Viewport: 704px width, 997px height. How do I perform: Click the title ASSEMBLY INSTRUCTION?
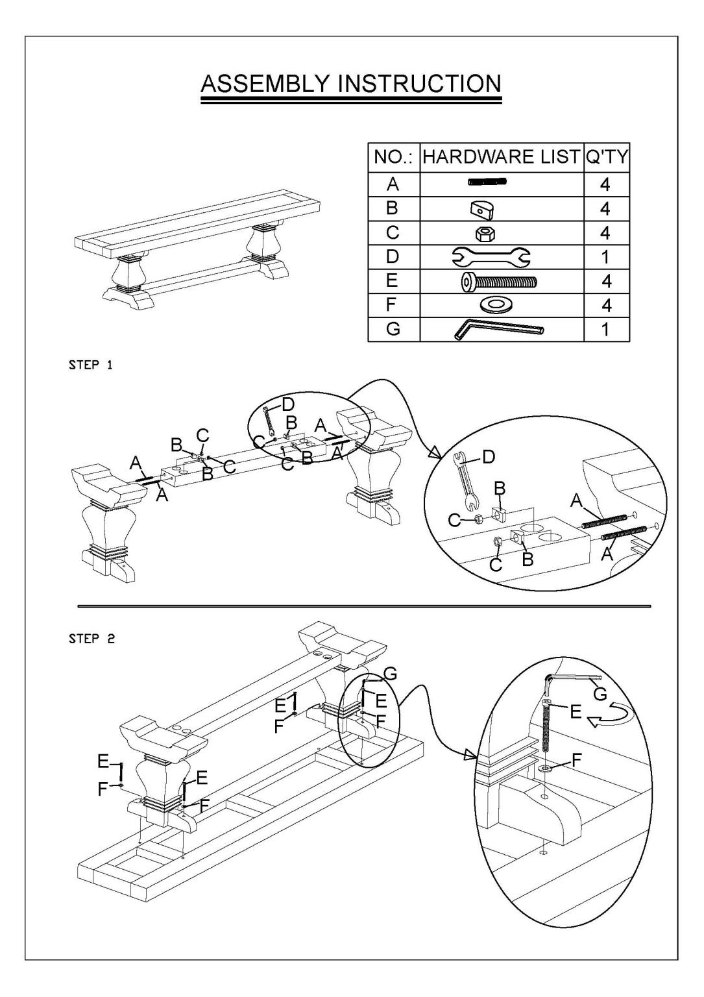click(x=350, y=84)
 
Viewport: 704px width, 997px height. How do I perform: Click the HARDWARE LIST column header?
click(x=501, y=157)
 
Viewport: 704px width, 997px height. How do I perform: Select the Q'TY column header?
click(x=606, y=157)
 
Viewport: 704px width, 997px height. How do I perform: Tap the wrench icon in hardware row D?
click(x=501, y=257)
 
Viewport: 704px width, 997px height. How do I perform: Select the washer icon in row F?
click(x=501, y=305)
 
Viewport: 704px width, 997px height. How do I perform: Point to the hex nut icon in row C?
click(x=501, y=233)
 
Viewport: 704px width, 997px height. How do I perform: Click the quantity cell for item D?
click(x=606, y=257)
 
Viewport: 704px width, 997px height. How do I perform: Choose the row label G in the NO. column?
click(x=393, y=330)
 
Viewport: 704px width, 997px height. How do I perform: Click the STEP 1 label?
click(x=91, y=365)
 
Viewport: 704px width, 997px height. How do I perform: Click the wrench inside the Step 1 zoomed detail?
click(x=465, y=480)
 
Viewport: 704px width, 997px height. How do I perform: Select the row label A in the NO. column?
click(x=393, y=185)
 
